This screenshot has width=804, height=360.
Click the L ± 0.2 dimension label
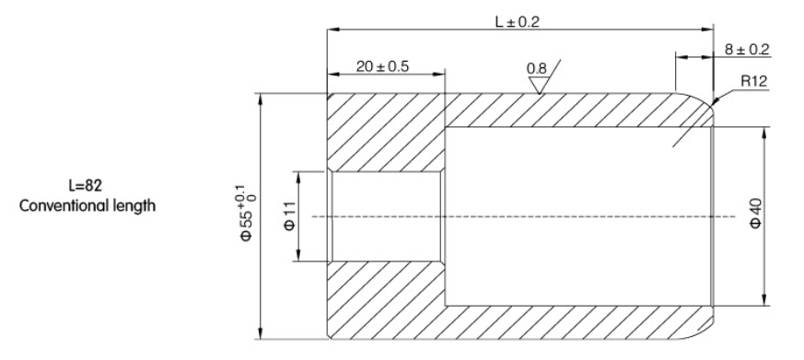[518, 21]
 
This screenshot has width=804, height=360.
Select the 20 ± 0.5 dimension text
[382, 66]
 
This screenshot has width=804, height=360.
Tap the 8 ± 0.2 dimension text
[747, 49]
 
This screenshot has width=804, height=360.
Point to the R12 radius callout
[753, 81]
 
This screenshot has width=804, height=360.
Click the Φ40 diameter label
[756, 214]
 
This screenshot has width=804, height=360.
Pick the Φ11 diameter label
[290, 215]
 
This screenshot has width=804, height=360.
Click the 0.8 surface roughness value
[536, 68]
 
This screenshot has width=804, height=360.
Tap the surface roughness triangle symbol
[539, 85]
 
